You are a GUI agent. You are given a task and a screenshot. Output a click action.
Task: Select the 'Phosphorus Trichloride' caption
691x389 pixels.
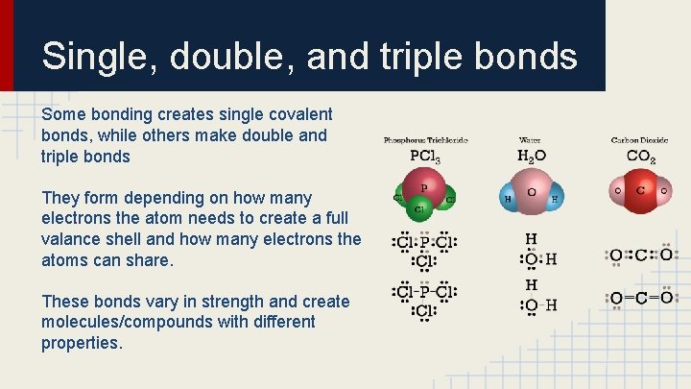point(426,140)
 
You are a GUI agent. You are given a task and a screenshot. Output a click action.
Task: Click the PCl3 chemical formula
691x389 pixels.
point(426,156)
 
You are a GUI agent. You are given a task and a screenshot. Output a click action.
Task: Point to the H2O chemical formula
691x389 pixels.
point(532,156)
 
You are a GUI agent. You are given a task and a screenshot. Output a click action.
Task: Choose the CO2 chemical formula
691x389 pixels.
point(640,156)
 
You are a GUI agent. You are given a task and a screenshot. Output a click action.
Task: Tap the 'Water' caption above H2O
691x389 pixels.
point(531,140)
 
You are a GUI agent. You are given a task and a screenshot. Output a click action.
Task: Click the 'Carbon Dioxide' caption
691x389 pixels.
point(640,140)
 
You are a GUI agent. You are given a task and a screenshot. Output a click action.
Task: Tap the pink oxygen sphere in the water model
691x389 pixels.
point(531,192)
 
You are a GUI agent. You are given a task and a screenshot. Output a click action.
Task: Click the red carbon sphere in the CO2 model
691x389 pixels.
point(640,190)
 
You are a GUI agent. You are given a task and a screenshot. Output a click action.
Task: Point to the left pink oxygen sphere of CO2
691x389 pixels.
point(619,191)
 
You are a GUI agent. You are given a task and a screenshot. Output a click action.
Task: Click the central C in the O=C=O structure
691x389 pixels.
point(640,299)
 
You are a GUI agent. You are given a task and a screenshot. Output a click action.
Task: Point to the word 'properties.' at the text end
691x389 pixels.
point(82,344)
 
